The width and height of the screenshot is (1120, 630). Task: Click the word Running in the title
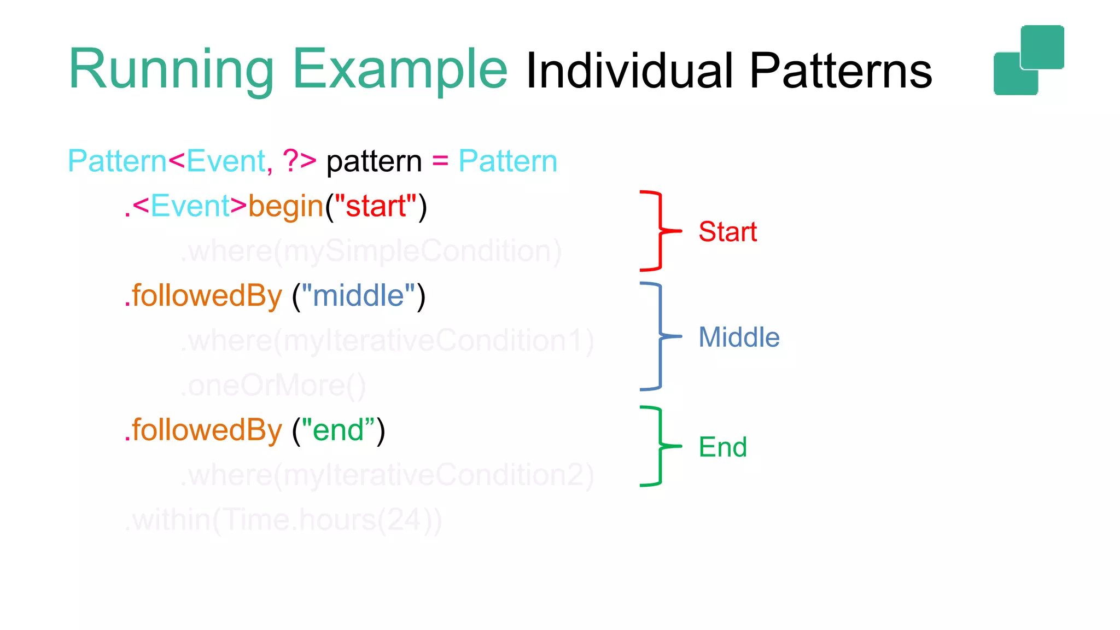pos(171,70)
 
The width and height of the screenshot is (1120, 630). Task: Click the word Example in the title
pos(400,70)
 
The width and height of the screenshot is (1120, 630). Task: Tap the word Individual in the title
pos(629,71)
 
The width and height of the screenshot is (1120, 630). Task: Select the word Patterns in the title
pos(841,71)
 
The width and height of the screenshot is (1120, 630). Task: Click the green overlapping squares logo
pos(1029,60)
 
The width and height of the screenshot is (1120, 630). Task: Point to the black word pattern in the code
pos(374,161)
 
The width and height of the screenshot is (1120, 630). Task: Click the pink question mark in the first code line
pos(290,161)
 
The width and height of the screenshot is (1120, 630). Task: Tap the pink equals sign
pos(440,161)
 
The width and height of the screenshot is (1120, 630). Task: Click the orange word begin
pos(286,207)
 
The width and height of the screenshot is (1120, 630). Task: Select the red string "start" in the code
pos(376,207)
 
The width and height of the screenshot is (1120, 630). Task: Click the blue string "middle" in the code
pos(358,296)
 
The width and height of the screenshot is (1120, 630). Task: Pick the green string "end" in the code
pos(338,430)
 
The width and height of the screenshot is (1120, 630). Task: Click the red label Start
pos(727,232)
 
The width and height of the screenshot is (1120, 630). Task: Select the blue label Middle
pos(739,337)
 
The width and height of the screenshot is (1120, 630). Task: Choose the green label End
pos(722,447)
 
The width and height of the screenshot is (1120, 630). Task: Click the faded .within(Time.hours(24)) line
pos(283,520)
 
